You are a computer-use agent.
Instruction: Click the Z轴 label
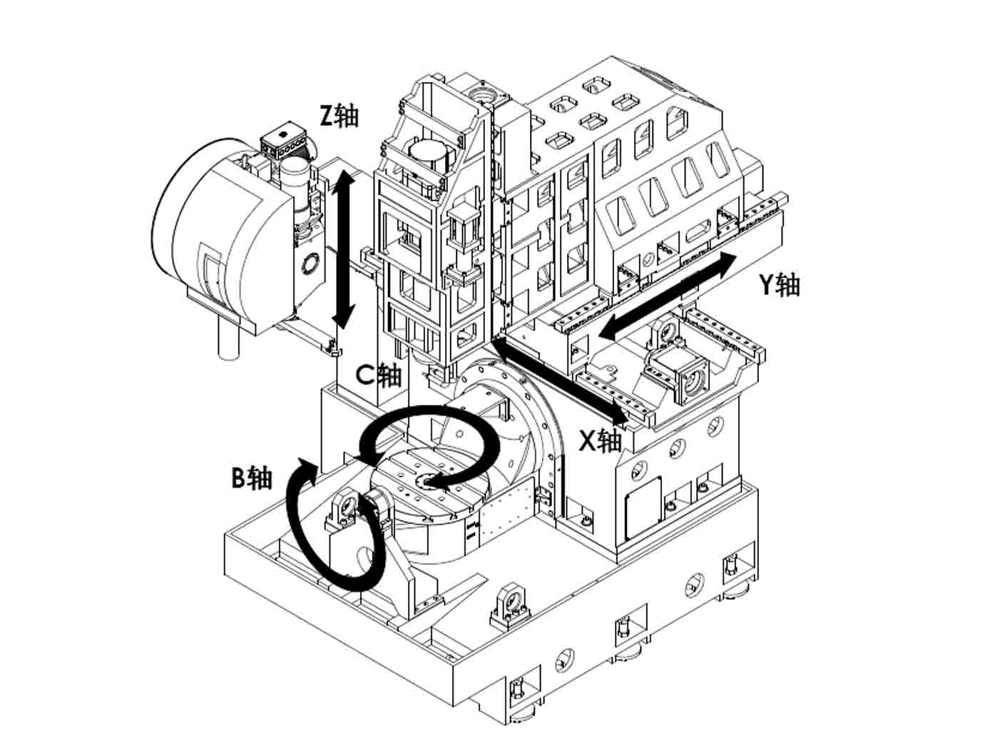click(x=338, y=115)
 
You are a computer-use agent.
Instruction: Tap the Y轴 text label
click(x=778, y=284)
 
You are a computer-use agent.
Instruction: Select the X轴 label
click(x=600, y=441)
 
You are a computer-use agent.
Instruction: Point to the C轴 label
click(x=379, y=374)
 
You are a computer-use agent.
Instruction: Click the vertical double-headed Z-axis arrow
click(x=344, y=250)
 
